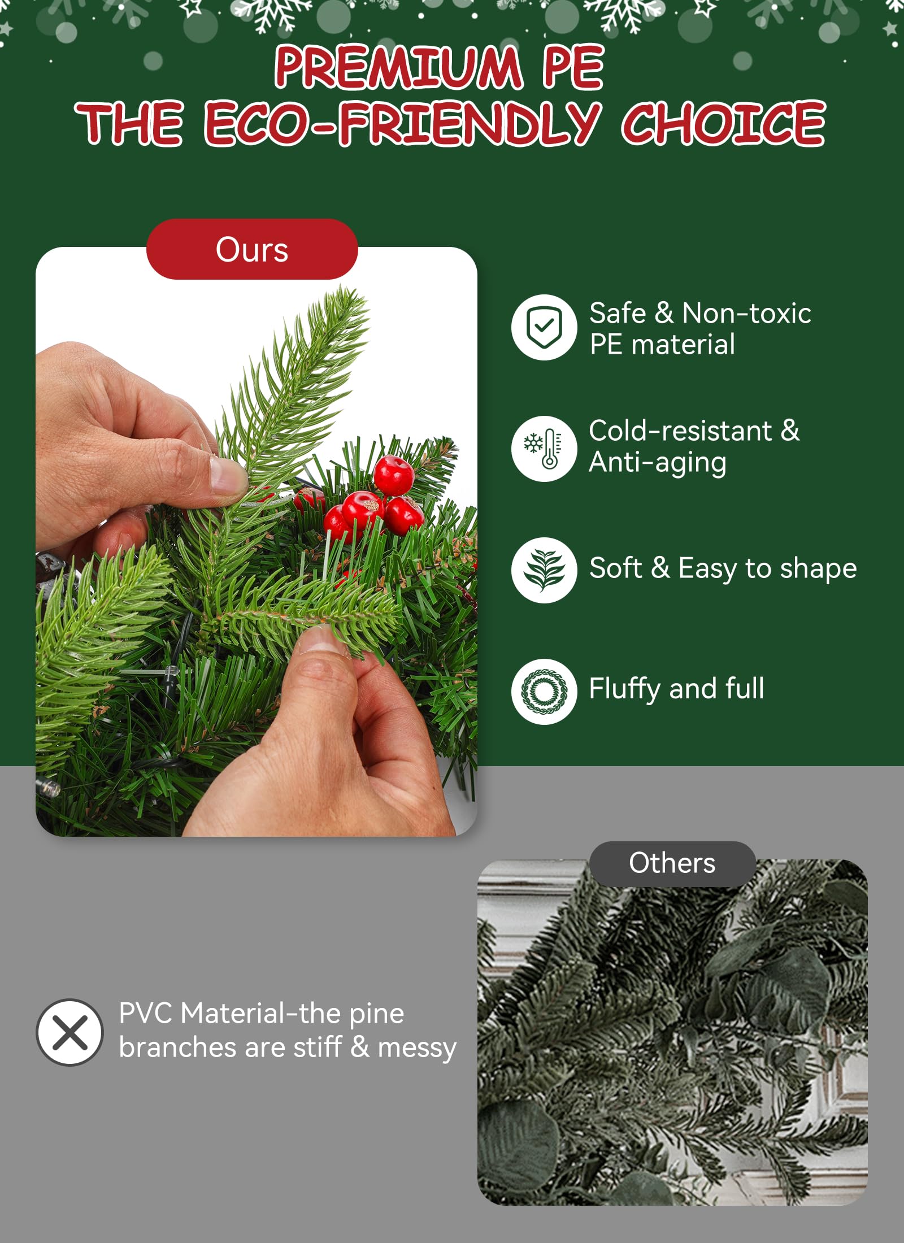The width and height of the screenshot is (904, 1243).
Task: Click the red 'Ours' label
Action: pos(252,249)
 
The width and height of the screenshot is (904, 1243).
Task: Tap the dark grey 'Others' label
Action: pos(672,863)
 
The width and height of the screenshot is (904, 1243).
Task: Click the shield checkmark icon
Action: pos(544,327)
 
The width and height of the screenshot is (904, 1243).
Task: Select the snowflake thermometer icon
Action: pos(544,449)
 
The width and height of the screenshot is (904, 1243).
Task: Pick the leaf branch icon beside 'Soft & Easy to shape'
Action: pos(544,570)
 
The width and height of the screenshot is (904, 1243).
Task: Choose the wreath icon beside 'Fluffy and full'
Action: pos(544,692)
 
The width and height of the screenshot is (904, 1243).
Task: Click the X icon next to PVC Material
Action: pos(69,1032)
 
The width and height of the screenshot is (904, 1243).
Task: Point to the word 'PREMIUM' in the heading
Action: pos(398,67)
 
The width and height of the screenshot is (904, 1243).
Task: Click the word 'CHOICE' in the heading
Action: pos(723,123)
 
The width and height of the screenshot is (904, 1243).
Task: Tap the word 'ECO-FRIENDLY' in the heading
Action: pos(402,123)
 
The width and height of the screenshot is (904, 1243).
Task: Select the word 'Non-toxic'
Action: pos(746,313)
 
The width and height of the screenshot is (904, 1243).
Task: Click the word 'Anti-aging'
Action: pos(658,463)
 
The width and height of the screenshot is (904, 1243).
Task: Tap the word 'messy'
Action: pos(417,1048)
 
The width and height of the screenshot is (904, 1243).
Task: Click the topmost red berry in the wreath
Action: pos(394,475)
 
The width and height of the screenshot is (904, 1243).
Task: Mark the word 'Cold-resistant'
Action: pos(681,431)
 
